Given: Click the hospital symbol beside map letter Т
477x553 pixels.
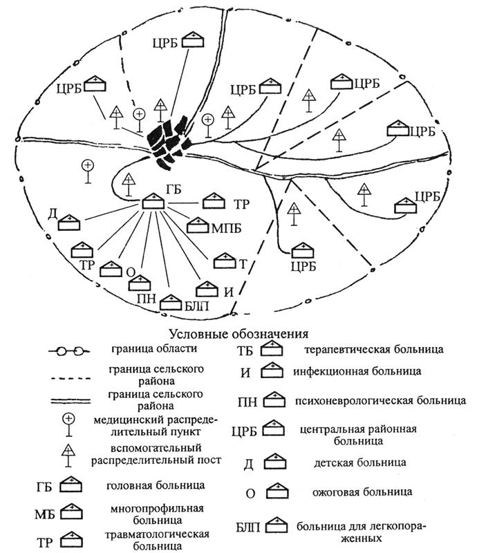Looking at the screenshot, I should [225, 260].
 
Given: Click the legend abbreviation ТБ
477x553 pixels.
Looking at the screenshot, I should [245, 350].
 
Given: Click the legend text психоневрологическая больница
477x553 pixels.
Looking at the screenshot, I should [356, 400].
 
